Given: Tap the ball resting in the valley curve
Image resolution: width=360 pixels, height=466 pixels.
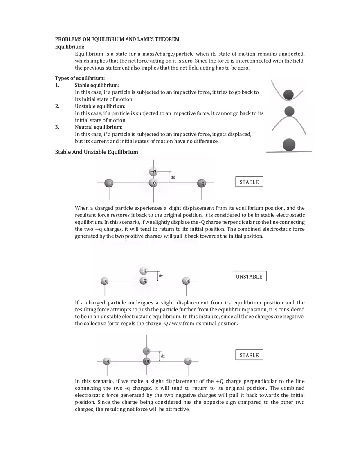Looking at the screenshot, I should (289, 95).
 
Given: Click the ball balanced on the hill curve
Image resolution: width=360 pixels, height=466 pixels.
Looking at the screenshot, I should (289, 111).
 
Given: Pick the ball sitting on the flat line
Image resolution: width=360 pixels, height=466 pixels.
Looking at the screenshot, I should (289, 144).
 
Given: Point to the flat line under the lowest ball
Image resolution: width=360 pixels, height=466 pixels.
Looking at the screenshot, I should (289, 152).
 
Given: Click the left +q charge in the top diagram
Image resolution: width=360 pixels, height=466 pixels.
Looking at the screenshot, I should (109, 183).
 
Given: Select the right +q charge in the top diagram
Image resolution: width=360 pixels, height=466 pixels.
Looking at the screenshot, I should (201, 183).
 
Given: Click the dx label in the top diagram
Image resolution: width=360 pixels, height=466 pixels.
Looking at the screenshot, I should (173, 178).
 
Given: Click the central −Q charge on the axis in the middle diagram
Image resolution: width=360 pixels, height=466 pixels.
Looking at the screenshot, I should (144, 281).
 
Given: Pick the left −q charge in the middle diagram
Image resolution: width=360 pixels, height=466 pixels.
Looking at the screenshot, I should (105, 281).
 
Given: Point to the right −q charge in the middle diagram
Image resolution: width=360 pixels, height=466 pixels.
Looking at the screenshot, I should (186, 281).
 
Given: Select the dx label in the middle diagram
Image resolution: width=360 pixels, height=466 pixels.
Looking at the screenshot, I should (161, 276).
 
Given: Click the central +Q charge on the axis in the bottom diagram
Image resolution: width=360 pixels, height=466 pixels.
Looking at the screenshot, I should (147, 361).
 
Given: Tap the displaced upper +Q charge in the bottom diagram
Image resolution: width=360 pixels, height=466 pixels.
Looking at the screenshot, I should (147, 351).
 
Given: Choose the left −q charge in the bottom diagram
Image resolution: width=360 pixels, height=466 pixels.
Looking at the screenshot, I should (107, 361).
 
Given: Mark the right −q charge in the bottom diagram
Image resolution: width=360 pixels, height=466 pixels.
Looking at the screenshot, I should (188, 361).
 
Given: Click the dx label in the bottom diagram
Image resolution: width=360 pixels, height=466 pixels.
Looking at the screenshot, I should (163, 356).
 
